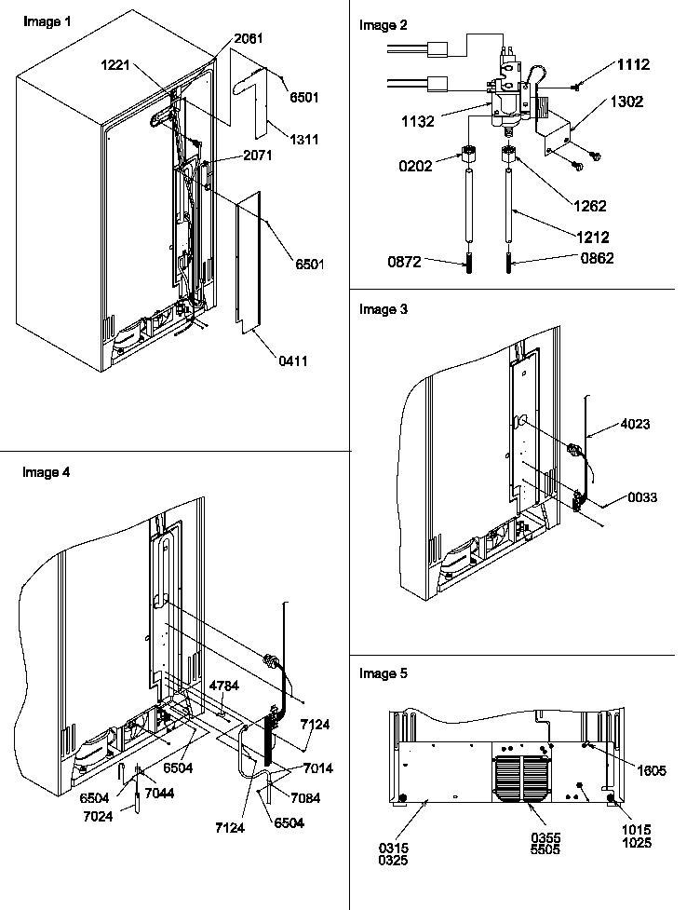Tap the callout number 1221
point(117,65)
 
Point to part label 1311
point(303,140)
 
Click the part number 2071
point(257,156)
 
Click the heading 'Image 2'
point(383,25)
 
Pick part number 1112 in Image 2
point(632,64)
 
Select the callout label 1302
point(626,102)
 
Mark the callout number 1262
point(589,206)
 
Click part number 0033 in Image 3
point(640,497)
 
